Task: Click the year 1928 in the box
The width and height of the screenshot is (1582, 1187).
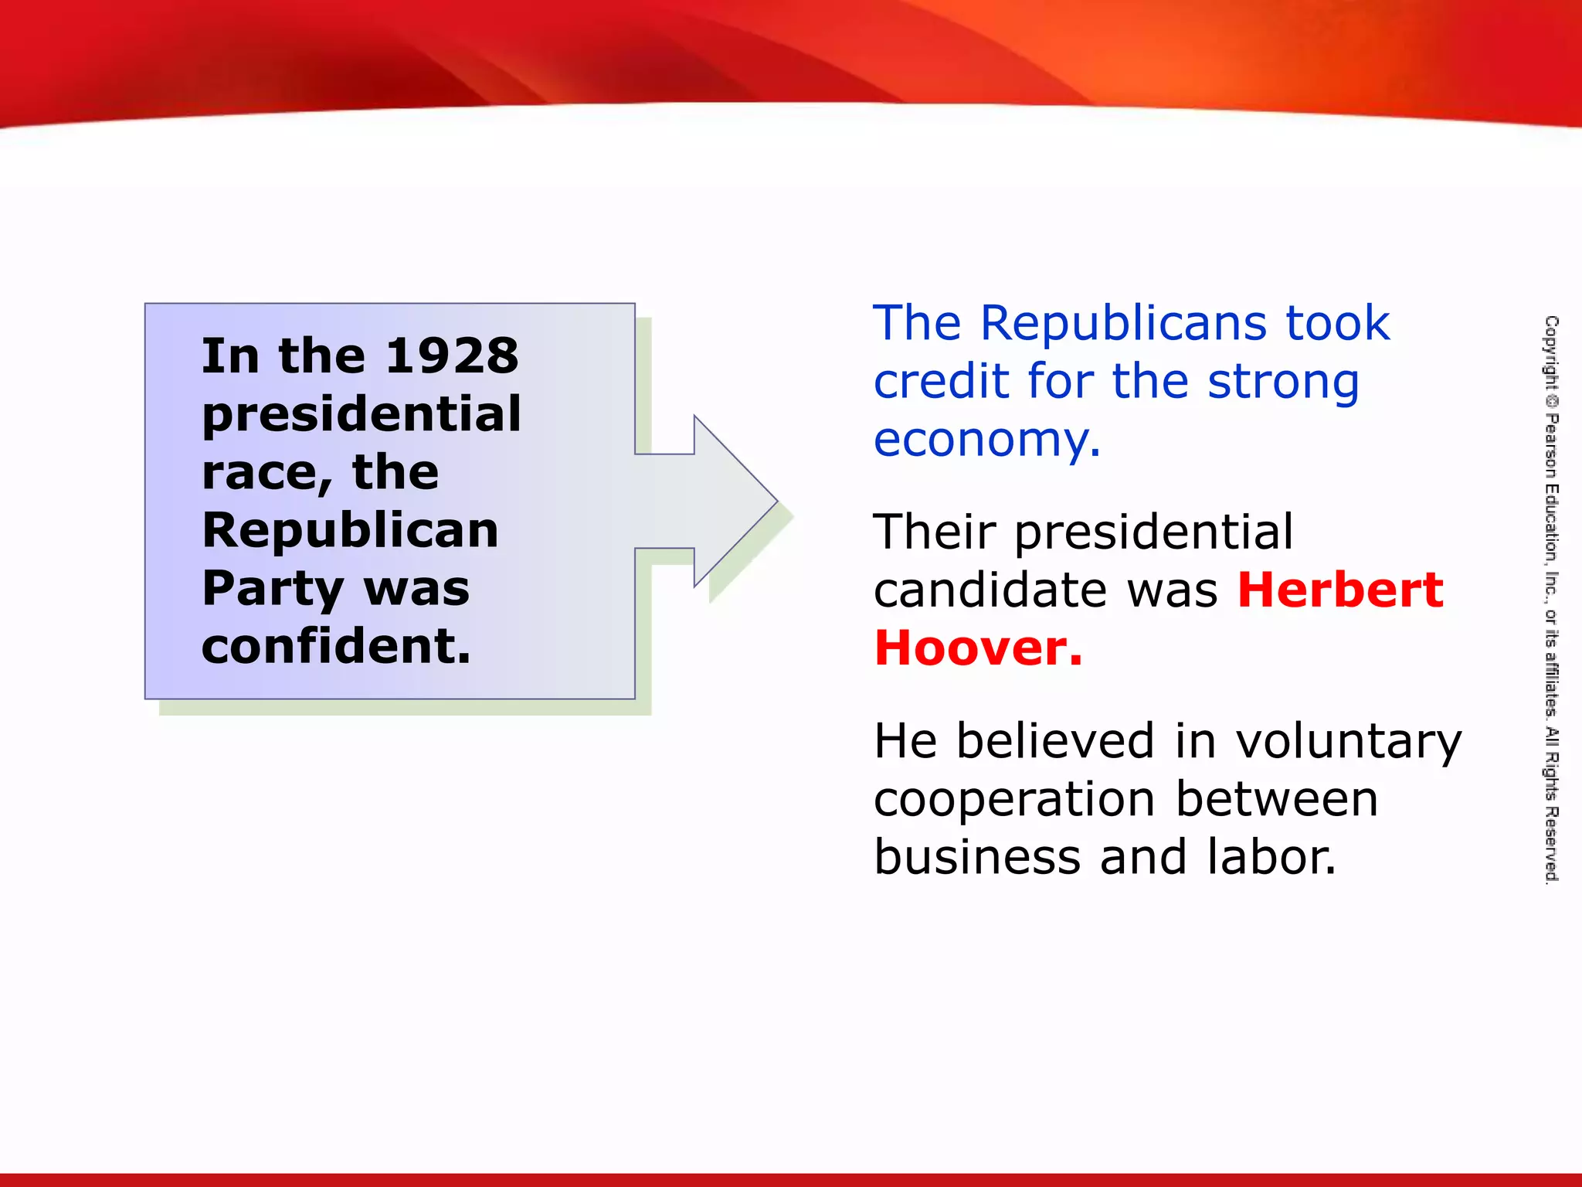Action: click(452, 356)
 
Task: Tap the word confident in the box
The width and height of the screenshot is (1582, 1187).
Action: click(335, 646)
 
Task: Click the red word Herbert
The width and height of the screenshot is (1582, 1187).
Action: click(1340, 590)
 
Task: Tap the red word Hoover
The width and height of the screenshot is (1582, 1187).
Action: click(978, 648)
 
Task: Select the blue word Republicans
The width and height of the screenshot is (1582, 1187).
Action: click(1125, 323)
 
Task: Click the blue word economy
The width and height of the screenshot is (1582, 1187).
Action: click(986, 440)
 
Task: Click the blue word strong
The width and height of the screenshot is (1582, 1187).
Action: click(1283, 383)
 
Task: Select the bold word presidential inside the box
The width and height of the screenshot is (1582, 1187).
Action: click(362, 415)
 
